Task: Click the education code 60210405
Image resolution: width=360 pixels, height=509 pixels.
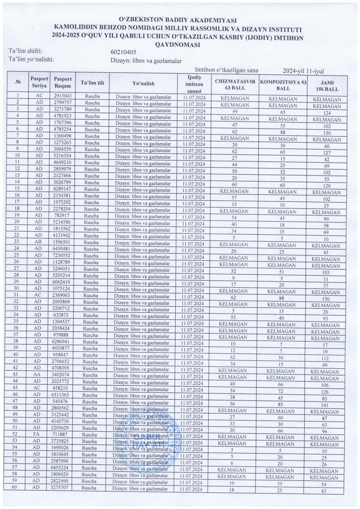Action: (x=123, y=52)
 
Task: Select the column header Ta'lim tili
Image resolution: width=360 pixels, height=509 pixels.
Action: (x=92, y=83)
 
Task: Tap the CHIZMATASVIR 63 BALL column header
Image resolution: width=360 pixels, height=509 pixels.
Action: (x=235, y=85)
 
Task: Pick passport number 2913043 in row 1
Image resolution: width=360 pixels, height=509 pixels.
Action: (x=63, y=96)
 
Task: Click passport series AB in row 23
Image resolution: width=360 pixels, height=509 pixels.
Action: (x=39, y=242)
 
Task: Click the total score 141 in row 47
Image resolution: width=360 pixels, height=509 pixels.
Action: (x=325, y=405)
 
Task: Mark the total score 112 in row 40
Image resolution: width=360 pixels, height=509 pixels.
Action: (x=325, y=359)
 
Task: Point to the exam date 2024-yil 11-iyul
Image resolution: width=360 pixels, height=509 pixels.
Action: (x=303, y=71)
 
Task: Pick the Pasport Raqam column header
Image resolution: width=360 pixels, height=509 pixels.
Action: (x=63, y=82)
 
